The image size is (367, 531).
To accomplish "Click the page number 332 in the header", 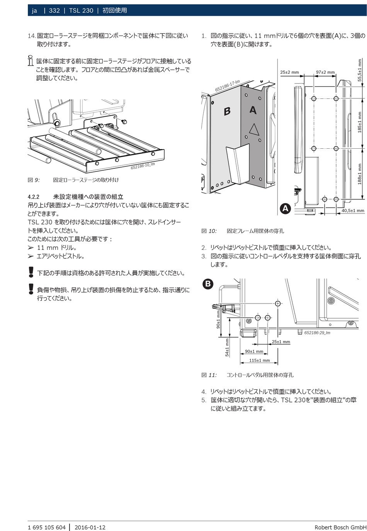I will click(54, 10).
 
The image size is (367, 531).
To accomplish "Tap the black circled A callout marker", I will click(285, 209).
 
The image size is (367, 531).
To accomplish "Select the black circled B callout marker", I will click(208, 284).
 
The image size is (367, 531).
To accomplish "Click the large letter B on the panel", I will click(227, 111).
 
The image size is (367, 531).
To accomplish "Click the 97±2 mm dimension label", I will click(325, 72).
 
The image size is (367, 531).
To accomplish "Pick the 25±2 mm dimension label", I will click(289, 72).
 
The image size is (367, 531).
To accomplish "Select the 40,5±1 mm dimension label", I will click(353, 210).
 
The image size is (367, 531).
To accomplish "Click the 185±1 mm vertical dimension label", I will click(360, 122).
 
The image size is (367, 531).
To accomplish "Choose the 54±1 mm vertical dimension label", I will click(227, 347).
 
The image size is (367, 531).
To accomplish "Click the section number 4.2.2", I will click(34, 197).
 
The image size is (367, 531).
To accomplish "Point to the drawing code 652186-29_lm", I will click(317, 333).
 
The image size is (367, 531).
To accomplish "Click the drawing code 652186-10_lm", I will click(143, 166).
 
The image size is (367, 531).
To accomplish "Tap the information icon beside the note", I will click(31, 61).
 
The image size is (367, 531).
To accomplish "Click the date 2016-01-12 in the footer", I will click(90, 527).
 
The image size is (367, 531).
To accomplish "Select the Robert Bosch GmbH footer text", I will click(340, 527).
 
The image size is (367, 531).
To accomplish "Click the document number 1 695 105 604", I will click(47, 527).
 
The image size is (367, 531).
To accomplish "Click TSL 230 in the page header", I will click(81, 10).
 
